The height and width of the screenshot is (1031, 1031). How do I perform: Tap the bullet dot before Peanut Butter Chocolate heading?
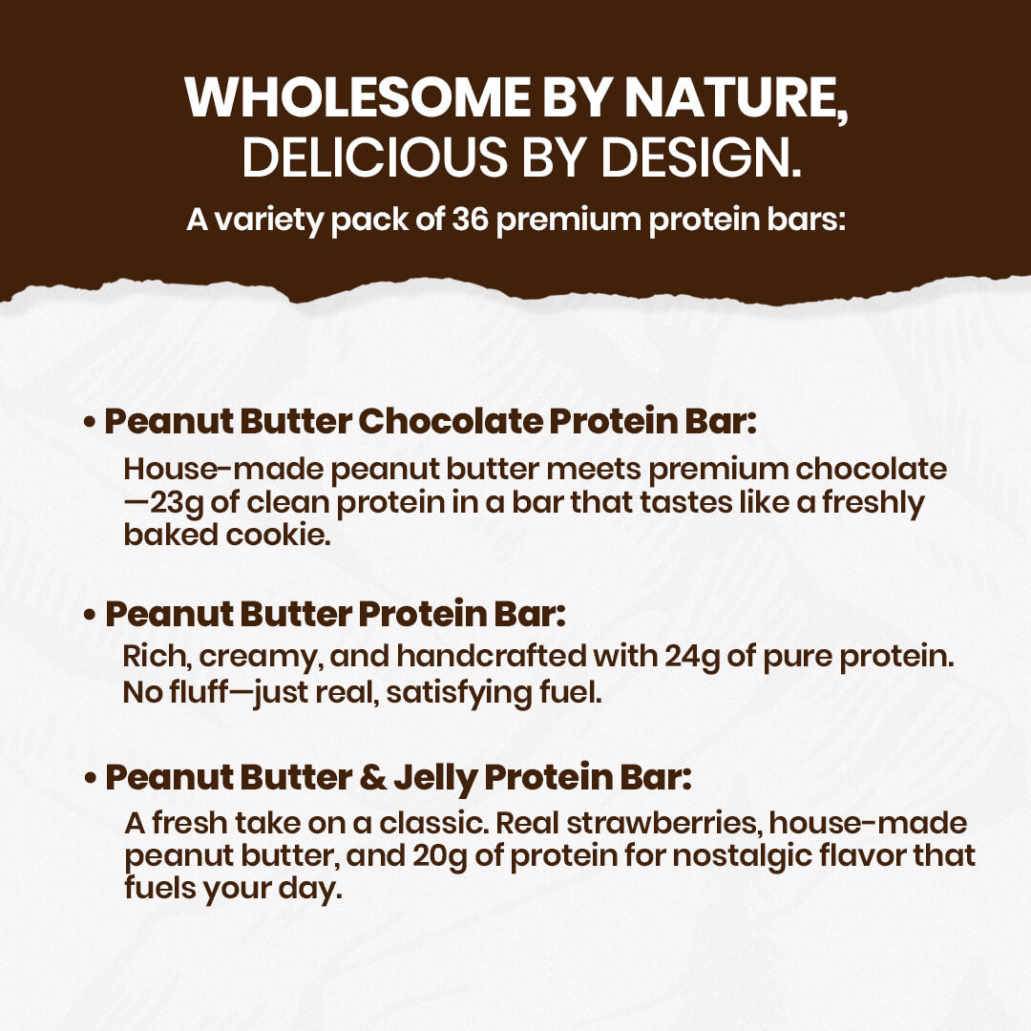coord(90,422)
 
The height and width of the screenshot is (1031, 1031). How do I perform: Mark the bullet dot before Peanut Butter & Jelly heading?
coord(90,778)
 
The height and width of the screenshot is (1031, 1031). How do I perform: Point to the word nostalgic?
coord(726,856)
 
